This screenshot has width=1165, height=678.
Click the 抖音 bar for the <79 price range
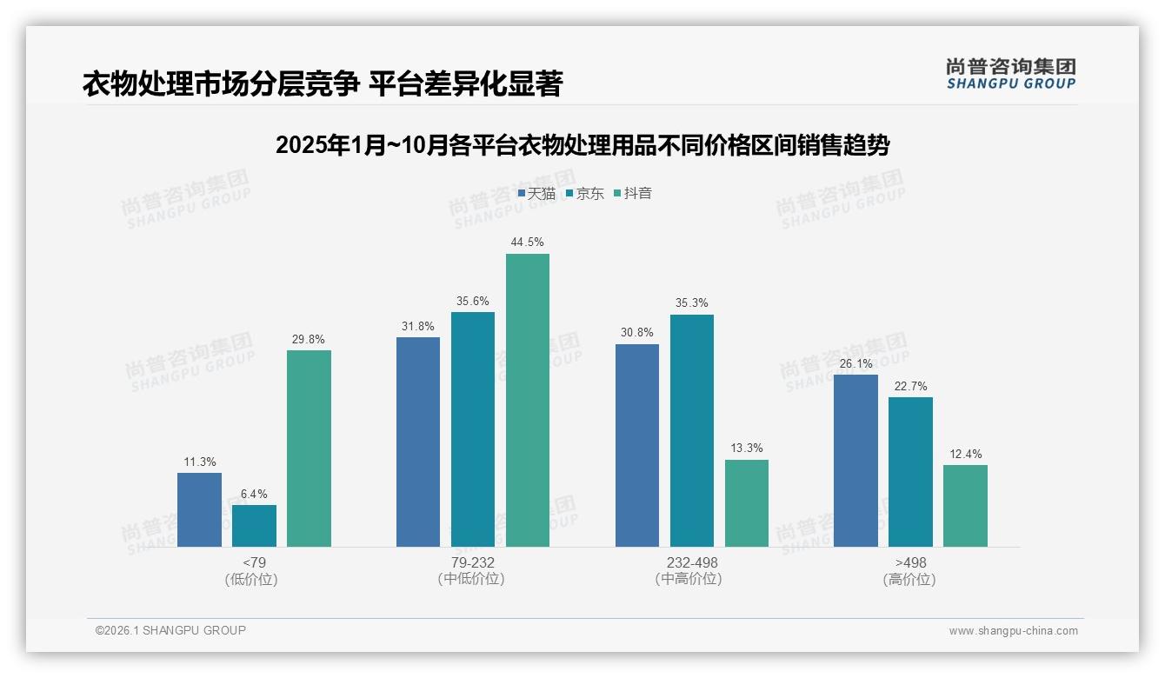(x=309, y=449)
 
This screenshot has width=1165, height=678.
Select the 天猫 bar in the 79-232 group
(x=418, y=442)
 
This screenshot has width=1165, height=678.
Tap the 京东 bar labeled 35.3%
(x=692, y=430)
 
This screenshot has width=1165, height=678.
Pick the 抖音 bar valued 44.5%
(x=528, y=400)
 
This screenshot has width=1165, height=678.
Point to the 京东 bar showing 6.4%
(x=254, y=526)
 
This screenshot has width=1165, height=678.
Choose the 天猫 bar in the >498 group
(x=855, y=461)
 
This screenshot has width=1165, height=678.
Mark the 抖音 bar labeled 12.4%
(x=965, y=506)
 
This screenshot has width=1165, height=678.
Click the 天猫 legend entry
(x=536, y=193)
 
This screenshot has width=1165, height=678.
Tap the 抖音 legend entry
(x=633, y=193)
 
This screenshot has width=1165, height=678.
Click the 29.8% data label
(x=309, y=340)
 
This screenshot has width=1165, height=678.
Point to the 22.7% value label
(x=910, y=387)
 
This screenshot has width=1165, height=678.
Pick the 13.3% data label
(x=747, y=449)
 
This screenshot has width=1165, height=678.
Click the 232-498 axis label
(x=692, y=562)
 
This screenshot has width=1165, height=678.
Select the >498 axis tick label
(x=910, y=562)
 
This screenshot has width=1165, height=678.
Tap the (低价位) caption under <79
(x=254, y=579)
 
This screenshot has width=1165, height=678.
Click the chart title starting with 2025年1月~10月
(x=582, y=145)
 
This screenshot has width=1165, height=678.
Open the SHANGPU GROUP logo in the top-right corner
(x=1010, y=73)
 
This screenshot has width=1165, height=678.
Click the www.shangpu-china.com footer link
(x=1013, y=631)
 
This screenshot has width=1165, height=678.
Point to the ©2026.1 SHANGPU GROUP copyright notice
(x=170, y=630)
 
